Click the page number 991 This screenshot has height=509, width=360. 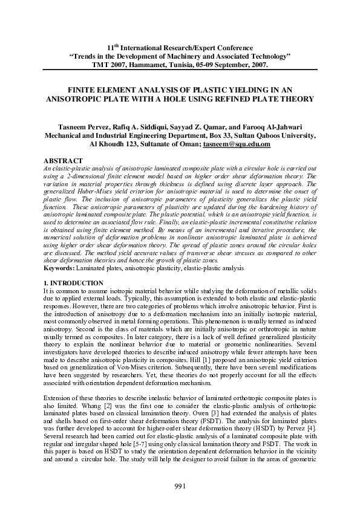180,487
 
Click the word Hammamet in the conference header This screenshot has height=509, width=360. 147,64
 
